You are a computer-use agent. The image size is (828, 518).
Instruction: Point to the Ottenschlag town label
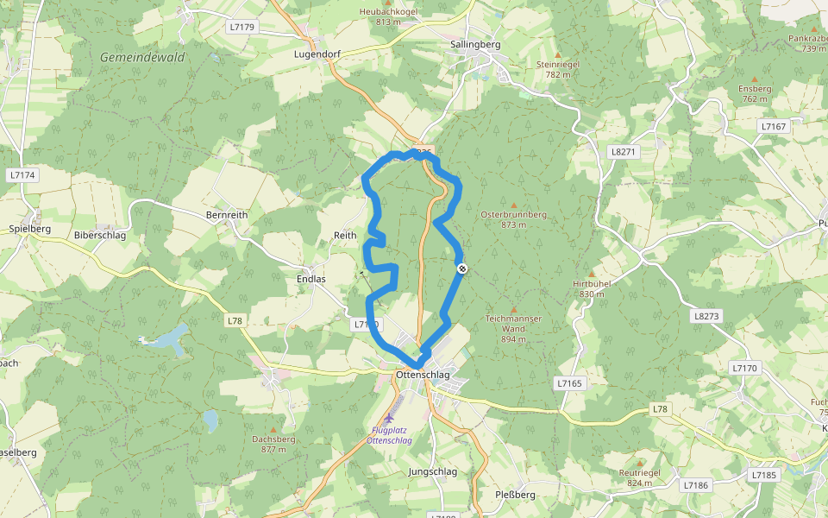pos(423,375)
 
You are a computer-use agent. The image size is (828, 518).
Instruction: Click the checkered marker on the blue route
pos(462,269)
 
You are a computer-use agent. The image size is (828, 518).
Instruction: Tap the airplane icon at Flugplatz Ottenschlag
pos(389,418)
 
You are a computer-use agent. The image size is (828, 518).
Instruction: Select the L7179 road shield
pos(242,27)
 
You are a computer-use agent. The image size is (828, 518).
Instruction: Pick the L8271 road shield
pos(622,151)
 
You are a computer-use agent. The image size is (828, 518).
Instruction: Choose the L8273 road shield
pos(706,316)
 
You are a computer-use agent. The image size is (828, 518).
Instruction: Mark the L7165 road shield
pos(570,382)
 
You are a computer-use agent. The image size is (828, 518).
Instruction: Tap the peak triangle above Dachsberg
pos(273,429)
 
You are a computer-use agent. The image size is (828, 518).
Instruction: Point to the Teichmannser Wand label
pos(513,324)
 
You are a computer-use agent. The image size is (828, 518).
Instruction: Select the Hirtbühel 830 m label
pos(592,288)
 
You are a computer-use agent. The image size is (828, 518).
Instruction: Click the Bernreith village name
pos(227,214)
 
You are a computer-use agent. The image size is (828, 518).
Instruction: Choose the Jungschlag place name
pos(432,471)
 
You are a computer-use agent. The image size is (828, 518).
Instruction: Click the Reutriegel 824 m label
pos(639,477)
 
